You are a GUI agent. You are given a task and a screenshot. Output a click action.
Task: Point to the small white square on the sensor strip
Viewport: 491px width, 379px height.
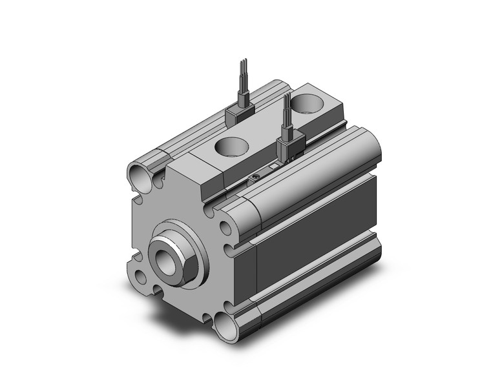pos(274,167)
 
